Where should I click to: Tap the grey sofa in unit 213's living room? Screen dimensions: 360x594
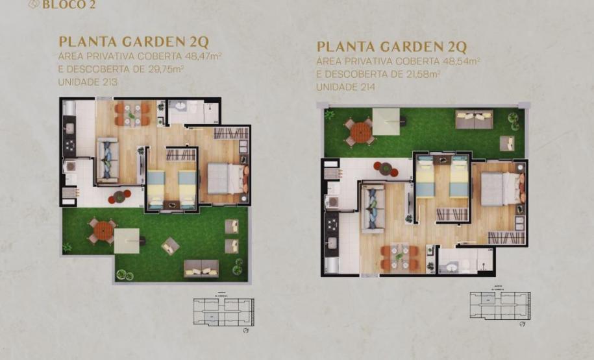(x=108, y=159)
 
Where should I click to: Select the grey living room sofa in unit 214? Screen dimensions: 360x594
(x=374, y=207)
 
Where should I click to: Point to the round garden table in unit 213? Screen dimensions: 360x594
(x=103, y=230)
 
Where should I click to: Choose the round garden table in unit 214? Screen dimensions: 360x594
(x=359, y=132)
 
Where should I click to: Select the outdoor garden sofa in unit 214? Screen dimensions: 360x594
(x=474, y=119)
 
